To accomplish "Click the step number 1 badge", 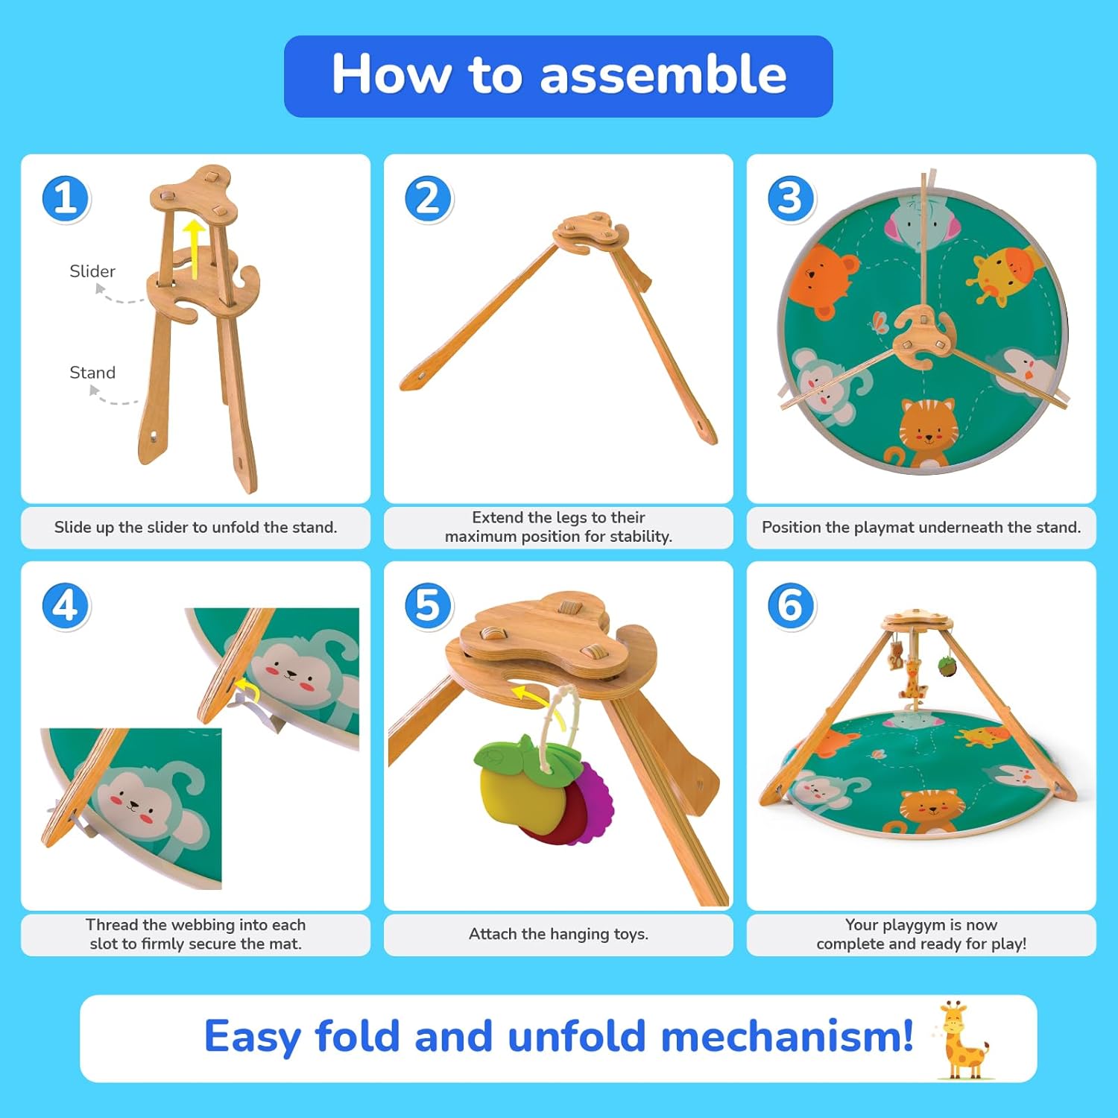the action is (66, 199).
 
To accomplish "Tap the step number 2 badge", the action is (429, 199).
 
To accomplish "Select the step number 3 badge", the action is (792, 199).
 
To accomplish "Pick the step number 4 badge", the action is (66, 606).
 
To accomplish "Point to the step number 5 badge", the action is (429, 606).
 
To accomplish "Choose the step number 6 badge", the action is (792, 606).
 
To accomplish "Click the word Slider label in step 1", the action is (92, 271).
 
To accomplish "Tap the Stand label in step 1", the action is (92, 373).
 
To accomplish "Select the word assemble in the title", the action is (663, 75).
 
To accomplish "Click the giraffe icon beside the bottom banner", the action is (963, 1040).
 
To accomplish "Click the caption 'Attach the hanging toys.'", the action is (558, 934).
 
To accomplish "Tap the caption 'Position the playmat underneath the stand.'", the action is (921, 527).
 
